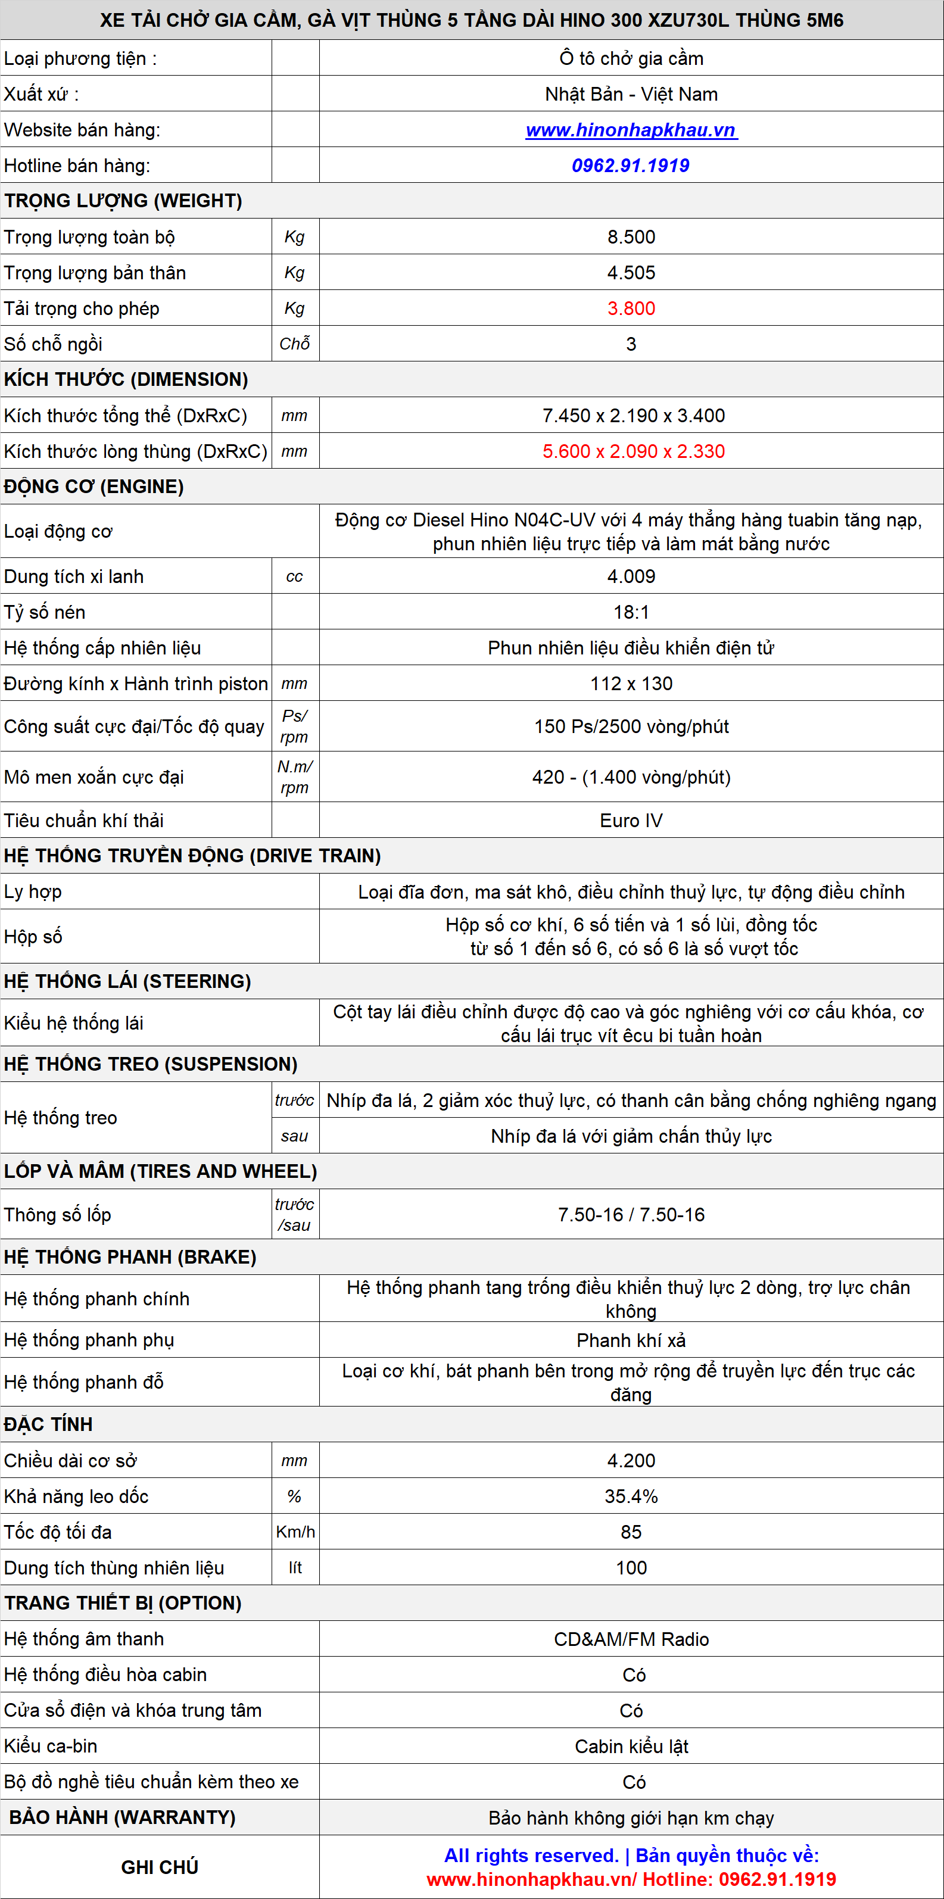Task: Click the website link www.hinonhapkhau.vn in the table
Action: coord(631,130)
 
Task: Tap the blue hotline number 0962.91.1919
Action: coord(631,166)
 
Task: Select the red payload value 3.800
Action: coord(631,309)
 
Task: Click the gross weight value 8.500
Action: coord(631,238)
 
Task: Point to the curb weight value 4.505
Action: coord(631,273)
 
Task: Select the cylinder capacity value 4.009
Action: coord(631,576)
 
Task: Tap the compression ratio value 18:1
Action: coord(631,612)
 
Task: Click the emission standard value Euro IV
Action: coord(631,821)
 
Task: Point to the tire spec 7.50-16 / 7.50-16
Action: coord(631,1214)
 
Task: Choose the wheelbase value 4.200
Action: coord(631,1460)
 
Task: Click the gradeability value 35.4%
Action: coord(631,1496)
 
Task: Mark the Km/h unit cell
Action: coord(295,1532)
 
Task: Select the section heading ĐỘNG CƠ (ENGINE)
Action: coord(94,487)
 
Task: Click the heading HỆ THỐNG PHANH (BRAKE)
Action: coord(130,1257)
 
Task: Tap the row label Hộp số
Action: coord(33,936)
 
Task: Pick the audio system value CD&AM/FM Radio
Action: coord(631,1639)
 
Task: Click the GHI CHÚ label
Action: coord(160,1867)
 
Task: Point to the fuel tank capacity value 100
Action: coord(631,1567)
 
